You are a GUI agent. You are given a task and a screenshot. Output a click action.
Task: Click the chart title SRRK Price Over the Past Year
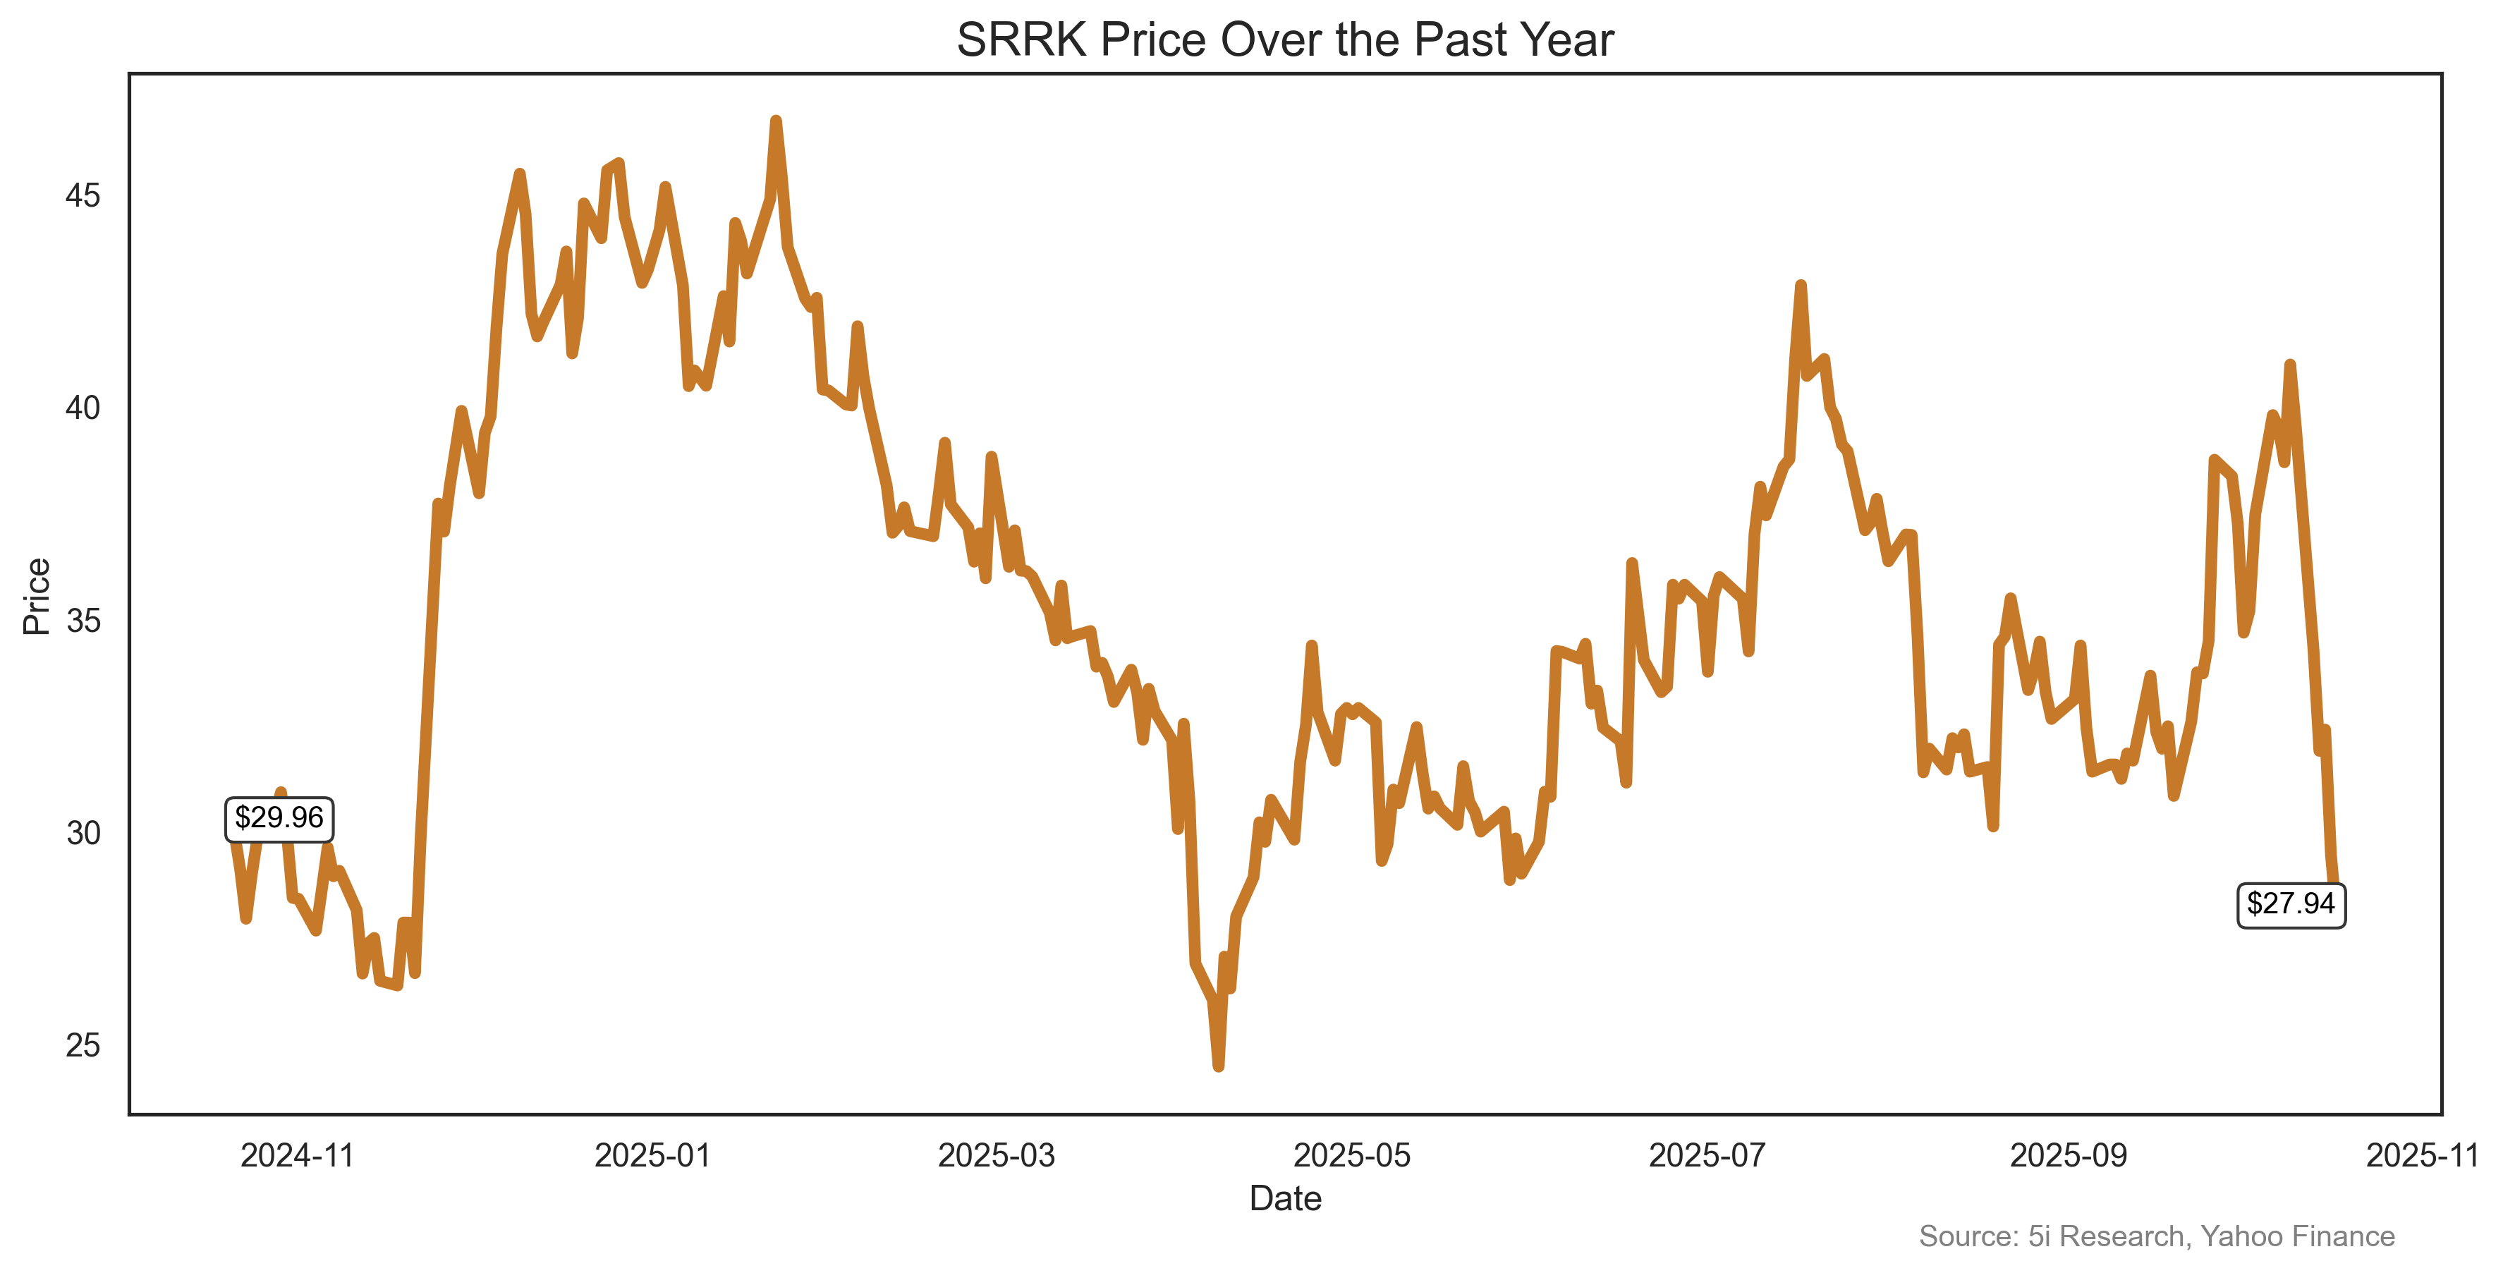click(1284, 41)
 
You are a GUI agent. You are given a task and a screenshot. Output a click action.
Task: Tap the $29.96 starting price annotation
click(279, 818)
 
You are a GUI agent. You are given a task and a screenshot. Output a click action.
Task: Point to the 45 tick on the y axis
click(83, 195)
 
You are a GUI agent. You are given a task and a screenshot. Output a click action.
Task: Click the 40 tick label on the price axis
click(83, 408)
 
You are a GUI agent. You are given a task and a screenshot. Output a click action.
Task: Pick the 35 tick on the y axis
click(83, 620)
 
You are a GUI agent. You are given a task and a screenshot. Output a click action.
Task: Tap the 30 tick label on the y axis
click(83, 833)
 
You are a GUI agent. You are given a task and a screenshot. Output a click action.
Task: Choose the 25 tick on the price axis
click(83, 1046)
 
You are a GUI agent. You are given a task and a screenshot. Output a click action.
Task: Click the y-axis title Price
click(37, 596)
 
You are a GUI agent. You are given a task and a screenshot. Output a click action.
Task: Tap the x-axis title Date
click(1284, 1199)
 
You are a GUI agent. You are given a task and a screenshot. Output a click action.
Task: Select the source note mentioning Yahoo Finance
click(2156, 1236)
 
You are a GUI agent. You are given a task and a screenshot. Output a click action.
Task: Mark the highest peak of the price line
click(775, 121)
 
